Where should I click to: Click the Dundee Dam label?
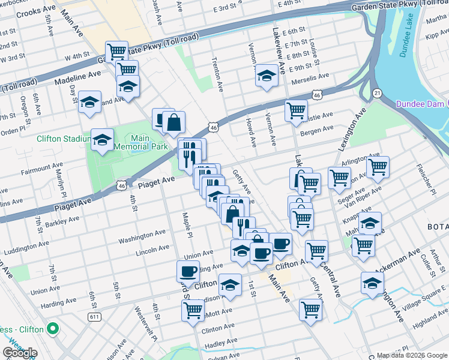420,104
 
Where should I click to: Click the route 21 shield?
376,92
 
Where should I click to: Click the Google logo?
20,353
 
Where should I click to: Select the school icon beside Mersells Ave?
267,77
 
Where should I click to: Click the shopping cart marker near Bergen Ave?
296,112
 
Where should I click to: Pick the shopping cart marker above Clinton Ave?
193,311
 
